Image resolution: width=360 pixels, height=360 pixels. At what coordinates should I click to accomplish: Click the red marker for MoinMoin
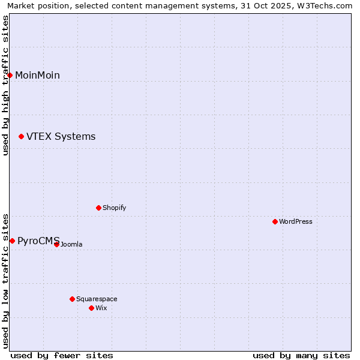pyautogui.click(x=10, y=75)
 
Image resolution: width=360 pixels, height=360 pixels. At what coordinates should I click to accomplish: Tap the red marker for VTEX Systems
pyautogui.click(x=22, y=137)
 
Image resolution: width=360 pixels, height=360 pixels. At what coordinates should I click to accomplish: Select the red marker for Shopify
pyautogui.click(x=98, y=208)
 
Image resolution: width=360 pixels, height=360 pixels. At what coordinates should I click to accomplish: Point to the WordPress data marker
pyautogui.click(x=275, y=221)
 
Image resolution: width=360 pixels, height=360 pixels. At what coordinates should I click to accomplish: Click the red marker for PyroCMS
pyautogui.click(x=12, y=241)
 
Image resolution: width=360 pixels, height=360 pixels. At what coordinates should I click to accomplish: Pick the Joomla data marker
pyautogui.click(x=56, y=244)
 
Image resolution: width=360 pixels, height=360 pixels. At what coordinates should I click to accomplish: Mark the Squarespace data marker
pyautogui.click(x=72, y=299)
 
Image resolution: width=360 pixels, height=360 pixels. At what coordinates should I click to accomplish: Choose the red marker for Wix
pyautogui.click(x=91, y=308)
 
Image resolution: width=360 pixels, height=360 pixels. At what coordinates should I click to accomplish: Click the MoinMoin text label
pyautogui.click(x=37, y=75)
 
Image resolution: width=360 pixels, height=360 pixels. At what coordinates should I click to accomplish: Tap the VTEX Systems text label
pyautogui.click(x=61, y=137)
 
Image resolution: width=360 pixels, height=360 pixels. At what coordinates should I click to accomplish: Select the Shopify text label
pyautogui.click(x=114, y=208)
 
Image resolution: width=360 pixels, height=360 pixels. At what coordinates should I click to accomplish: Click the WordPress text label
pyautogui.click(x=296, y=221)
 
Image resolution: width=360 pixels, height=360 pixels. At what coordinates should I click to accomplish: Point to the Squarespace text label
pyautogui.click(x=97, y=299)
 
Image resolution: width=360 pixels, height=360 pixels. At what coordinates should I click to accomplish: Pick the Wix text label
pyautogui.click(x=101, y=308)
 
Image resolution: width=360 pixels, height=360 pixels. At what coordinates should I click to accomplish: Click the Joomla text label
pyautogui.click(x=71, y=244)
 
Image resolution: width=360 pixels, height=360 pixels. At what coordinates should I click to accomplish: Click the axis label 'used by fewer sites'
pyautogui.click(x=62, y=355)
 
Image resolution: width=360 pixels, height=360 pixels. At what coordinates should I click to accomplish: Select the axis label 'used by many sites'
pyautogui.click(x=301, y=355)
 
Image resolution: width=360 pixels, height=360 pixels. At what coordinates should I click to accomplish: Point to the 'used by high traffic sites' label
pyautogui.click(x=5, y=85)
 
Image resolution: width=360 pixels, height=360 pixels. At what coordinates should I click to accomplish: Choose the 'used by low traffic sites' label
pyautogui.click(x=5, y=280)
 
